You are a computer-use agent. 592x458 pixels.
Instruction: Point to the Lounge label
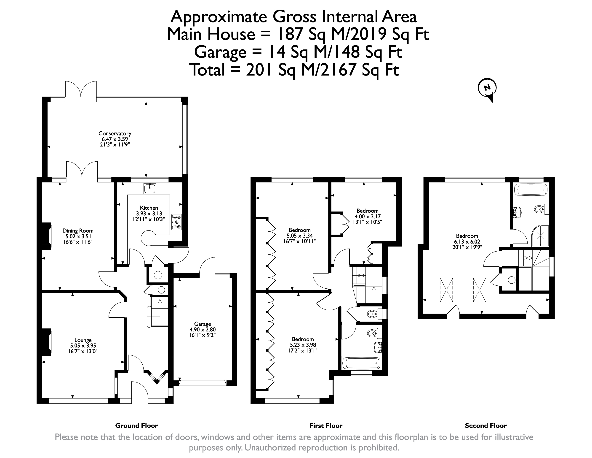pyautogui.click(x=83, y=340)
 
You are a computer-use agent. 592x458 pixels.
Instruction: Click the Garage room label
pyautogui.click(x=203, y=324)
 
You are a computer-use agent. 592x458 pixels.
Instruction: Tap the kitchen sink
pyautogui.click(x=150, y=188)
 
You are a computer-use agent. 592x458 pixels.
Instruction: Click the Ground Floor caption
pyautogui.click(x=137, y=426)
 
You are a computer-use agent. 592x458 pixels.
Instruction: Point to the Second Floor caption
pyautogui.click(x=486, y=426)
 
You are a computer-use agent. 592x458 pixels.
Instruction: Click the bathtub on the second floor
pyautogui.click(x=530, y=190)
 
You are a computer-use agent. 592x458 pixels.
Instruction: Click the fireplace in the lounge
pyautogui.click(x=47, y=342)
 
